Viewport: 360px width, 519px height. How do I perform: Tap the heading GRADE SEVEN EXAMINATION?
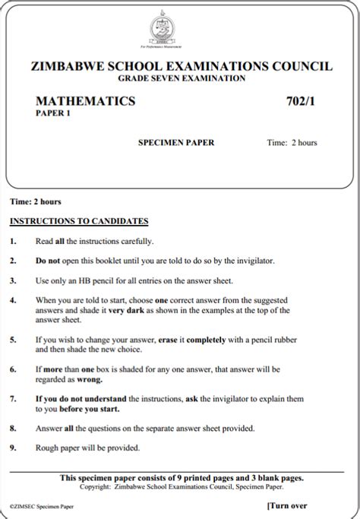point(182,78)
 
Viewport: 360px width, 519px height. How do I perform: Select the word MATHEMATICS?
point(86,101)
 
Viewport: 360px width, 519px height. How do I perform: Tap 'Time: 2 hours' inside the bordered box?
point(292,142)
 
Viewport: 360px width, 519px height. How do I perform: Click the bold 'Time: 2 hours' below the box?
point(35,201)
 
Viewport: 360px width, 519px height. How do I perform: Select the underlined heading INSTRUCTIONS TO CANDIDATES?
point(78,221)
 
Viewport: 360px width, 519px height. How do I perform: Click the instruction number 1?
point(13,241)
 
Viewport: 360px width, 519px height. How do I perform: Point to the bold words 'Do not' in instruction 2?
point(48,261)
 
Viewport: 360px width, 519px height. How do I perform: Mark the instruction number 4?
point(13,300)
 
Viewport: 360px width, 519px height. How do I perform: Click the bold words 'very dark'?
point(125,310)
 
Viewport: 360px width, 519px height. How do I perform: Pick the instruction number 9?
point(13,448)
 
